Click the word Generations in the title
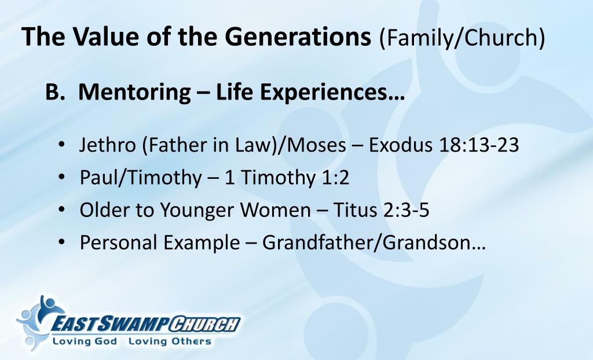pos(298,37)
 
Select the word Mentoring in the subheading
pos(135,91)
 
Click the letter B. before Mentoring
pos(56,91)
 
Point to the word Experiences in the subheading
pos(310,91)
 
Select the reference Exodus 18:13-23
pos(444,145)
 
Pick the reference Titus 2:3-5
pos(381,210)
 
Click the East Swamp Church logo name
pos(145,324)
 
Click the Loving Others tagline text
pos(170,341)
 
